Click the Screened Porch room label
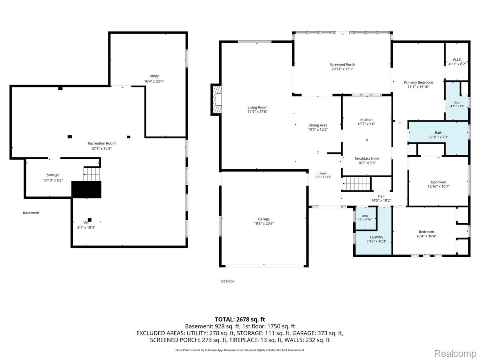coord(342,65)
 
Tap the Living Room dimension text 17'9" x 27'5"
coord(257,112)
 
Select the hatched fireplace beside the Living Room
coord(216,100)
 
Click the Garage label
coord(264,219)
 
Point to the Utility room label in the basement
coord(154,76)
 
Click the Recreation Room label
coord(102,143)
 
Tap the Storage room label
coord(53,175)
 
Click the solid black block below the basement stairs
coord(86,190)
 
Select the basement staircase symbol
coord(92,174)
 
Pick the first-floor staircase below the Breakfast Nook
coord(356,184)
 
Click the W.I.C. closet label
coord(457,60)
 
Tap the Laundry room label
coord(376,237)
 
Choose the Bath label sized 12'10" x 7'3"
coord(438,133)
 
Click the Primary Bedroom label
coord(418,82)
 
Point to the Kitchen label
coord(366,120)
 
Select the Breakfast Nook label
coord(367,159)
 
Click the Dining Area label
coord(318,125)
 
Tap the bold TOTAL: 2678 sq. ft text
coord(240,319)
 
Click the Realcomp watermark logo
coord(455,353)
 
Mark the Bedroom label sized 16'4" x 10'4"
coord(426,232)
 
